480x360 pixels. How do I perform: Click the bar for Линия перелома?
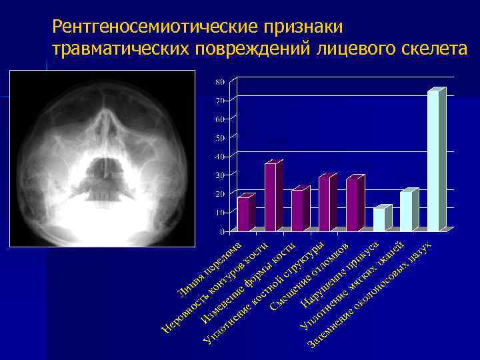(x=245, y=214)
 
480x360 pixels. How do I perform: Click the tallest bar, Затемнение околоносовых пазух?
(x=434, y=160)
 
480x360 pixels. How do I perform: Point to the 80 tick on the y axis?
(x=220, y=82)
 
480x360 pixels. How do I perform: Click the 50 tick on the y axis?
(x=220, y=138)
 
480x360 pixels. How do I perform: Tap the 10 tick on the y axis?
(x=220, y=213)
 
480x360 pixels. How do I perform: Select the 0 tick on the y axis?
(x=222, y=231)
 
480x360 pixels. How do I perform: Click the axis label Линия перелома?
(x=210, y=270)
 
